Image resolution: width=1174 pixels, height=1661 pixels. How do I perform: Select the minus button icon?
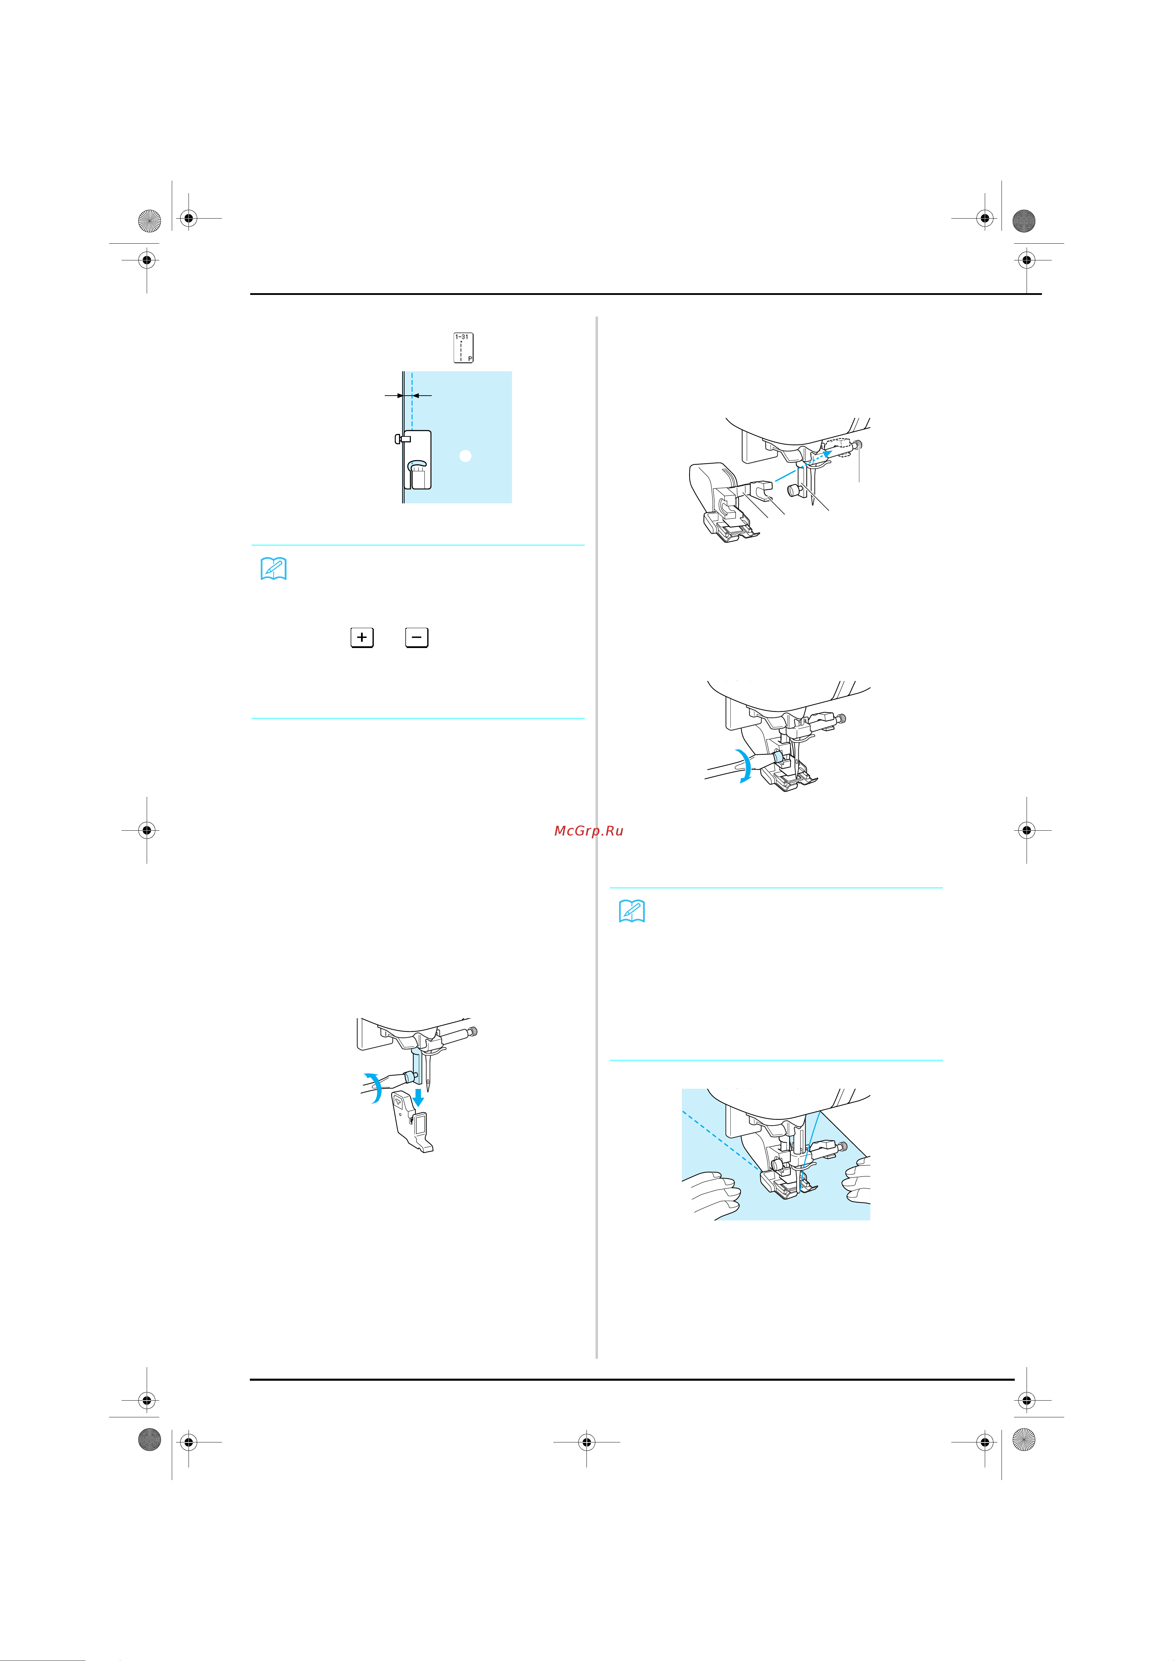(417, 637)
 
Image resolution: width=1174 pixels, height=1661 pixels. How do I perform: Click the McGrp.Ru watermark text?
(588, 830)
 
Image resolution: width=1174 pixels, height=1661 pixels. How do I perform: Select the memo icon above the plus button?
(274, 569)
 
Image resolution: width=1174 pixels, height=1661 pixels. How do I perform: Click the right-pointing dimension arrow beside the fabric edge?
(394, 396)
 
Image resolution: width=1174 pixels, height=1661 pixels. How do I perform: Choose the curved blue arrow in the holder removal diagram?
(374, 1087)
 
